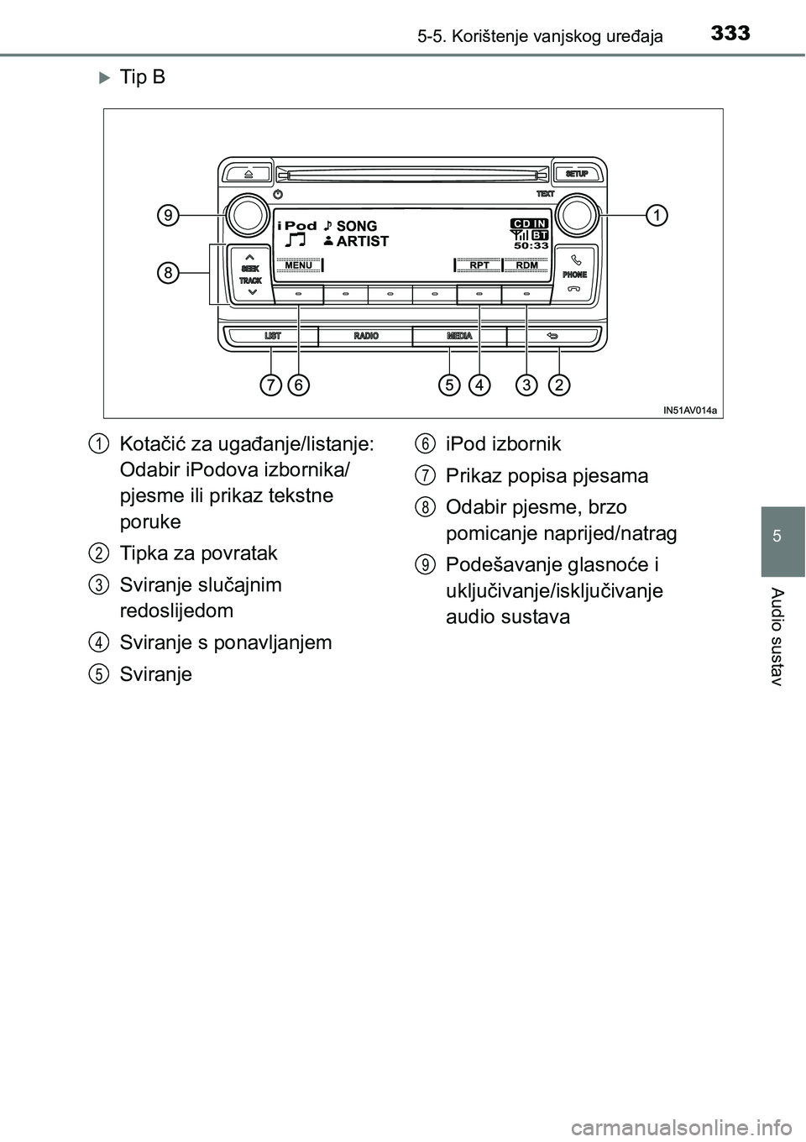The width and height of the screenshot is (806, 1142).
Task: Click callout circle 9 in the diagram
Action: [x=169, y=216]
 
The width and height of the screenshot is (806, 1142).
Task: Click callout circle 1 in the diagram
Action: [x=655, y=215]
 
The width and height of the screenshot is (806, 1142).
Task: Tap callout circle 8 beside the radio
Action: [x=169, y=273]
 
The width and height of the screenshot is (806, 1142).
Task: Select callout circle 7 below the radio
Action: [x=270, y=385]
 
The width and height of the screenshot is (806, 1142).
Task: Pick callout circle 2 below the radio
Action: [x=559, y=385]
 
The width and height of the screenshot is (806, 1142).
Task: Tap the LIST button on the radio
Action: [x=273, y=336]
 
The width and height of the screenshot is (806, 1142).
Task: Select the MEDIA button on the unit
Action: [x=459, y=336]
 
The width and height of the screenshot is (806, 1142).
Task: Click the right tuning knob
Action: [x=577, y=216]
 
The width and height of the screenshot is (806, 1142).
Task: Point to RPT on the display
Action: [x=479, y=265]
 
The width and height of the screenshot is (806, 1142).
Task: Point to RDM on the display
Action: [x=526, y=265]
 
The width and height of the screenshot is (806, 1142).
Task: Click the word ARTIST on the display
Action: [x=362, y=242]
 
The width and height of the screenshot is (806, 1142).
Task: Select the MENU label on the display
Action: [x=299, y=265]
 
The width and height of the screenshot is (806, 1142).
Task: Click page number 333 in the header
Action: [x=730, y=34]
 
